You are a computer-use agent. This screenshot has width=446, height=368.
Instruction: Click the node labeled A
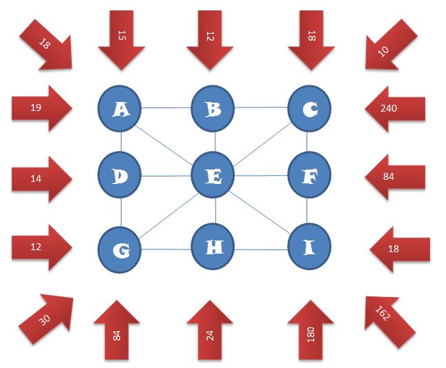pos(121,108)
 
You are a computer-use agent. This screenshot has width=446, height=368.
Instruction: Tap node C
pos(307,108)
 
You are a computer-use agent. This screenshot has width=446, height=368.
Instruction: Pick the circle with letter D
pos(121,176)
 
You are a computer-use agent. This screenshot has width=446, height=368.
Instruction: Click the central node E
pos(215,176)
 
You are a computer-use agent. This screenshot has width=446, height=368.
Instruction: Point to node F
pos(307,176)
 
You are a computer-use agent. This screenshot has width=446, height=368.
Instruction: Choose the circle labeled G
pos(121,249)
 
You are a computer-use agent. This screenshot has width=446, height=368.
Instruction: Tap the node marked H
pos(215,246)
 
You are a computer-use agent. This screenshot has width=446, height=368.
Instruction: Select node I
pos(307,246)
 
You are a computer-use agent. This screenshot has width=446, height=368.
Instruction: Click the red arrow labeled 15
pos(122,38)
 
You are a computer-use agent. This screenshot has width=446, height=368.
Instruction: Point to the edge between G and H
pos(168,247)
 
